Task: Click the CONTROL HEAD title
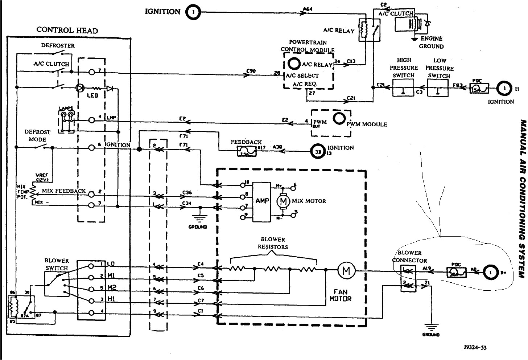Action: click(x=67, y=30)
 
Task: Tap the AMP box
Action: click(x=262, y=201)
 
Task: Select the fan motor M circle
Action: click(x=346, y=271)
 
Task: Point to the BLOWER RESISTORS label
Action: click(x=273, y=243)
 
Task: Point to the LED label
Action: click(x=92, y=95)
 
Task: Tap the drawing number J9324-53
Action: click(x=475, y=348)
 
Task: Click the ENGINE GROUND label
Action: click(x=431, y=42)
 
